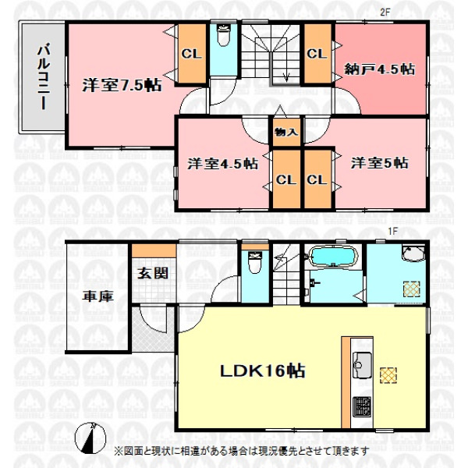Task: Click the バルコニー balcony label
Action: (44, 76)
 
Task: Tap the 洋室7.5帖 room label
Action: (122, 85)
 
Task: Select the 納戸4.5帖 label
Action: (380, 69)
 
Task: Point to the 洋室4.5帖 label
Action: (222, 164)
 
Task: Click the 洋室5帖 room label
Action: (380, 163)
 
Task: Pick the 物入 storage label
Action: (286, 132)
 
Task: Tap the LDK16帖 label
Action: (262, 371)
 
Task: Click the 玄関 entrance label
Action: (153, 273)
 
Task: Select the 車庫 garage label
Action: (98, 296)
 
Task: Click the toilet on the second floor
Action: (224, 36)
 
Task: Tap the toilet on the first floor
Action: (255, 263)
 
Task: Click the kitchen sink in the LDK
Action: (362, 365)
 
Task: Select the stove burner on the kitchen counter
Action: (362, 406)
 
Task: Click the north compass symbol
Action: (90, 438)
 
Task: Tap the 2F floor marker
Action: (385, 12)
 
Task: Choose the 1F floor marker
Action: (393, 231)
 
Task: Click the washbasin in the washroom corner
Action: (413, 253)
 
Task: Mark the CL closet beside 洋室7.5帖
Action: (191, 54)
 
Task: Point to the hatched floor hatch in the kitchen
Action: (388, 375)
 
